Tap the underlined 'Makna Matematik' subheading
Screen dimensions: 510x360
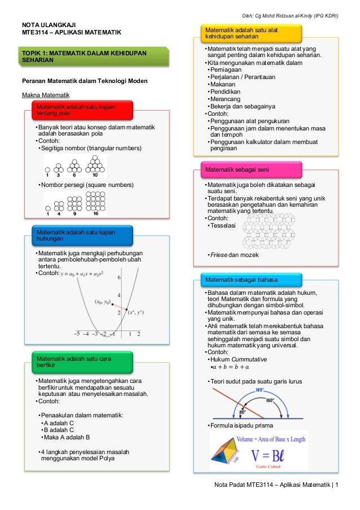(45, 94)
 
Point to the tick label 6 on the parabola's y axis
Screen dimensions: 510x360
(118, 278)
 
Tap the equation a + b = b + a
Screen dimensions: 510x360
(232, 368)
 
